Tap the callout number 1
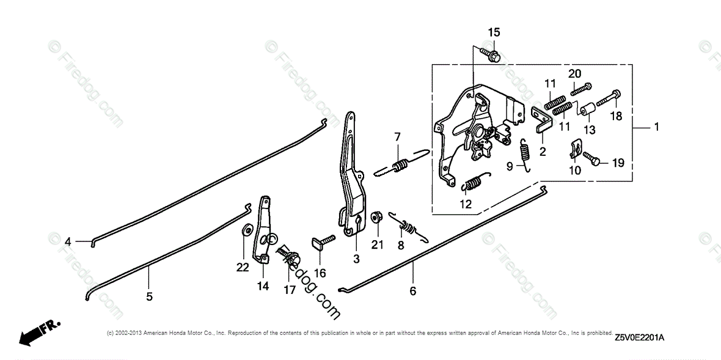[656, 127]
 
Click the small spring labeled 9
[524, 152]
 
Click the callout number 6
[413, 292]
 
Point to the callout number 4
[68, 242]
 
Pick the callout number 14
[263, 285]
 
